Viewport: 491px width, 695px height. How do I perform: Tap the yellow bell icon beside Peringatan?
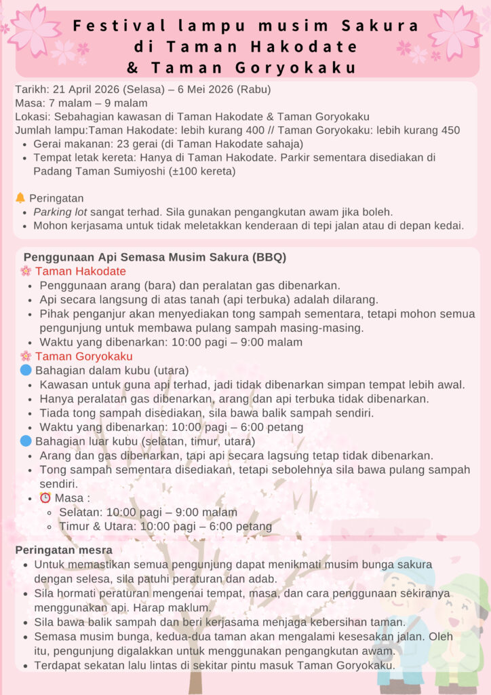pos(20,198)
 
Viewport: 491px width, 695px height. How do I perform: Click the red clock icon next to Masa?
pos(45,497)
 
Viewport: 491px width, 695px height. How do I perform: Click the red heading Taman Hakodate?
pos(80,271)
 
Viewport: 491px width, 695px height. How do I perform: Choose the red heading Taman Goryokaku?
pos(83,356)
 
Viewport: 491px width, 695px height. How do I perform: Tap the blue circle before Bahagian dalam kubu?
pos(26,371)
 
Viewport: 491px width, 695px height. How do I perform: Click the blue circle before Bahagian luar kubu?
pos(26,441)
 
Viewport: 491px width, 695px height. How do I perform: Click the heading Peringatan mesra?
pos(64,550)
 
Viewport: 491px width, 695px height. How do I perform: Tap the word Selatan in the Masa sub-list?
pos(81,512)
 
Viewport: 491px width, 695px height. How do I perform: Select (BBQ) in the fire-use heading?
pos(270,257)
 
